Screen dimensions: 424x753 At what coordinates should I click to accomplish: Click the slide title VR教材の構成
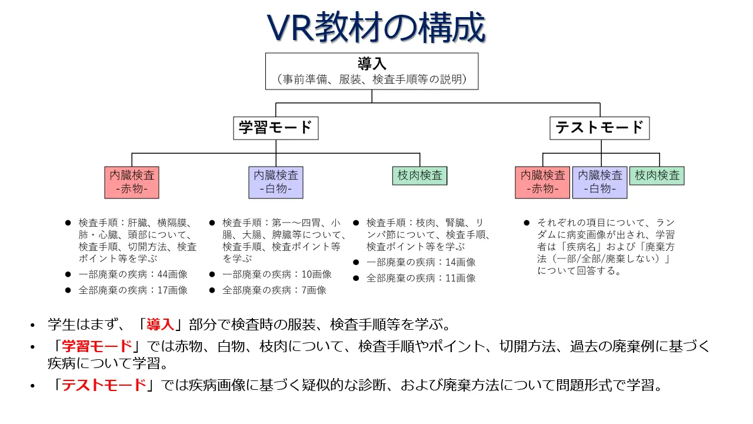(376, 27)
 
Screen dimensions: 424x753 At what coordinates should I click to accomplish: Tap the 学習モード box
(275, 128)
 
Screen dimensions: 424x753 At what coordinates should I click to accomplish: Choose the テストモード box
(599, 128)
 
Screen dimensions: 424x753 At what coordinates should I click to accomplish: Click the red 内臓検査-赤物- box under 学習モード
(132, 182)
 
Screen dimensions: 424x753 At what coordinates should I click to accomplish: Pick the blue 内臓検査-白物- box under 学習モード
(276, 182)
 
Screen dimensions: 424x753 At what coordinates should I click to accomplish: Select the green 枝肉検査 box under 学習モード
(419, 175)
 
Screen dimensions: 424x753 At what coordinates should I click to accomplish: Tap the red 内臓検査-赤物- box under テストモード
(542, 182)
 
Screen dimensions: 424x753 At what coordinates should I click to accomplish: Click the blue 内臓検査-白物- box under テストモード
(599, 182)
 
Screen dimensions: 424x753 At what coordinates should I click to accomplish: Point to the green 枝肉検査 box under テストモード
(657, 175)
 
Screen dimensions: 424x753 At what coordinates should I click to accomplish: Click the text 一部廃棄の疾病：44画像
(133, 274)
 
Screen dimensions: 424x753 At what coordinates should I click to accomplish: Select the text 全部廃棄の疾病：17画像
(133, 290)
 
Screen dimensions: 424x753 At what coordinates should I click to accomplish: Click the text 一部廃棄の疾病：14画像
(421, 262)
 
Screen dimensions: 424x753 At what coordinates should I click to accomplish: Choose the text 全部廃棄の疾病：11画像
(421, 278)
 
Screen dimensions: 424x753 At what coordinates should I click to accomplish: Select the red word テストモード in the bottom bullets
(104, 386)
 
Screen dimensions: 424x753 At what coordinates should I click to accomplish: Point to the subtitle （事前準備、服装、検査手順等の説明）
(372, 79)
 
